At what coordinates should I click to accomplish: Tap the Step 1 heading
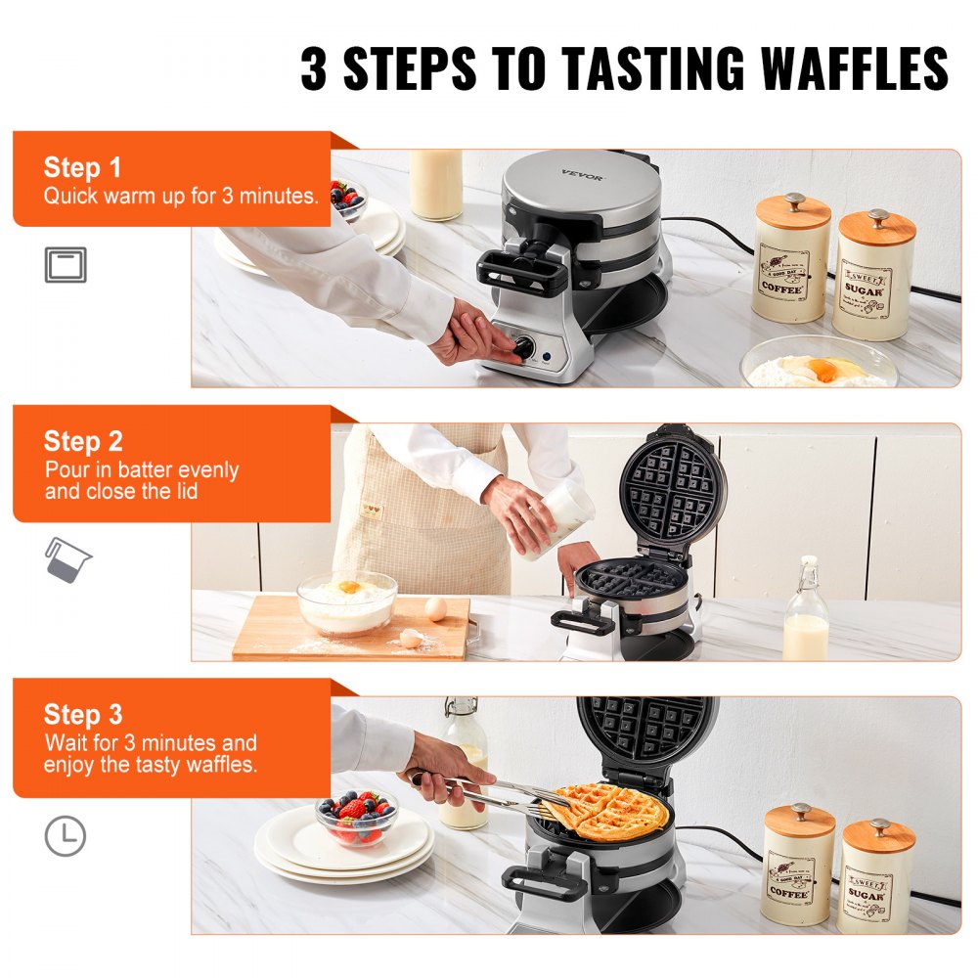(82, 167)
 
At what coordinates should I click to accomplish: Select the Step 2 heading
(82, 441)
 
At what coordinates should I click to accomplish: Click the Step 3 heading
(82, 715)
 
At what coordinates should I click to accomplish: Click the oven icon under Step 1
(66, 265)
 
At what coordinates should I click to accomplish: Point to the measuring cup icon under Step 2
(67, 560)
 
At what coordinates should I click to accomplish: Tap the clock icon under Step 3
(66, 837)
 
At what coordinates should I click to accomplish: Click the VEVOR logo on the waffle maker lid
(583, 176)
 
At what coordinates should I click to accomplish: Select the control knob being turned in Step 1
(524, 346)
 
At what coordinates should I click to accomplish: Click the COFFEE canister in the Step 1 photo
(791, 259)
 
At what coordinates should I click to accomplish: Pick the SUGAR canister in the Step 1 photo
(873, 275)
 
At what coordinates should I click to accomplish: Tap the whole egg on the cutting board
(435, 609)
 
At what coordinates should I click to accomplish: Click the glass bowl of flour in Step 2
(347, 602)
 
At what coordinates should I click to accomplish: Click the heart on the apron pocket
(369, 510)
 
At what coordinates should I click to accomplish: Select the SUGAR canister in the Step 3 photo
(876, 876)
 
